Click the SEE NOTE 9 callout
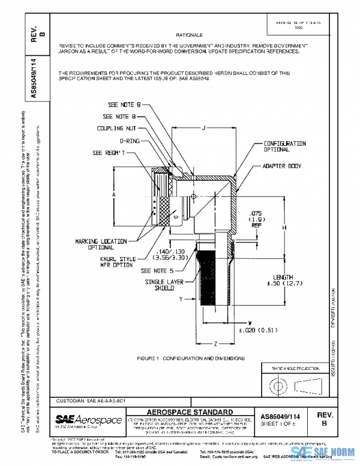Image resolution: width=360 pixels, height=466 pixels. tap(124, 104)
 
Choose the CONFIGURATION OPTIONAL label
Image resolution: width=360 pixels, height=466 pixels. tap(286, 147)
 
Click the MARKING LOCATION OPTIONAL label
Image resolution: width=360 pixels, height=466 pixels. tap(101, 244)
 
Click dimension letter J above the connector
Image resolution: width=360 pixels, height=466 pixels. tap(204, 127)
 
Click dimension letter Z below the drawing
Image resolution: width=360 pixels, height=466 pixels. tap(215, 343)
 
